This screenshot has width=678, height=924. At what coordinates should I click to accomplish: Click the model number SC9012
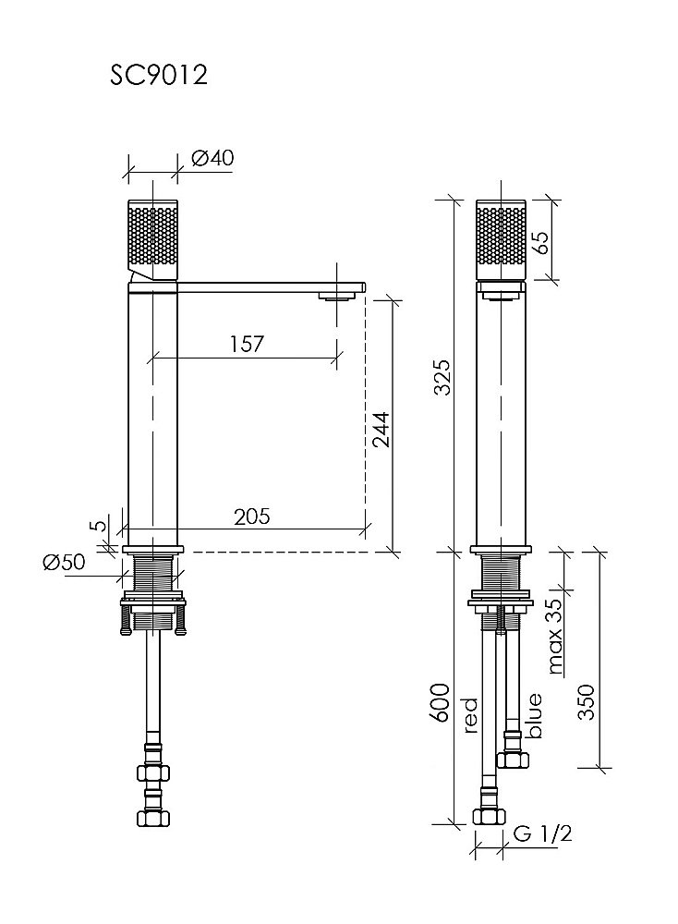(x=159, y=75)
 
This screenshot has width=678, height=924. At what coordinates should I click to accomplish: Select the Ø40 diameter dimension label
(x=212, y=157)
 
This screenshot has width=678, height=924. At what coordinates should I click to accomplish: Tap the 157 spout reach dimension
(x=246, y=344)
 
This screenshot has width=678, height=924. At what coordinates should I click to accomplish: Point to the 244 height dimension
(x=381, y=430)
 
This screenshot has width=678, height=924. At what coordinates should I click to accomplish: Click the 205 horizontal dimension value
(x=251, y=517)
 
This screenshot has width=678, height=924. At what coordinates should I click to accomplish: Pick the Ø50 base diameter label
(x=64, y=562)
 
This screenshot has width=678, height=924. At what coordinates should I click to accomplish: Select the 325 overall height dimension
(x=442, y=377)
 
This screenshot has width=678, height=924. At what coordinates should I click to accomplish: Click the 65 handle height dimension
(x=539, y=242)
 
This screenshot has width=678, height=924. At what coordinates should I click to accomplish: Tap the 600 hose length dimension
(x=442, y=702)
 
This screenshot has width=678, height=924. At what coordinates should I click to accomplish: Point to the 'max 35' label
(x=554, y=637)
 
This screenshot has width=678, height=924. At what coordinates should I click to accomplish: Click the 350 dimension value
(x=587, y=702)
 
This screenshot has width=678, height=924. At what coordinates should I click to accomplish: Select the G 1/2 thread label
(x=542, y=833)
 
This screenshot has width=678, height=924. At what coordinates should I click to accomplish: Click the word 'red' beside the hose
(x=470, y=715)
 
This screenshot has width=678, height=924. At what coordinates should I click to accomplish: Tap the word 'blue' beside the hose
(x=534, y=716)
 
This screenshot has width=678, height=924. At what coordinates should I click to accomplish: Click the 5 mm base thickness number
(x=101, y=526)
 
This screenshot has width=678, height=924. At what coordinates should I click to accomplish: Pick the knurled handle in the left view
(x=152, y=240)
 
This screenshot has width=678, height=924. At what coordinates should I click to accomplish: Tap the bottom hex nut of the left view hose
(x=152, y=818)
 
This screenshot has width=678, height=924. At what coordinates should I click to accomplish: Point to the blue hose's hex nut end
(x=513, y=760)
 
